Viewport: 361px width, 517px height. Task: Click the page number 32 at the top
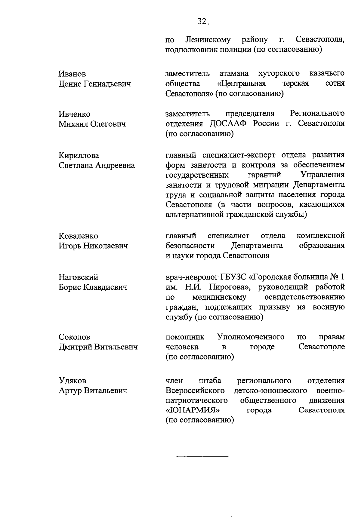tap(201, 21)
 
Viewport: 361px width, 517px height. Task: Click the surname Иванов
tap(72, 74)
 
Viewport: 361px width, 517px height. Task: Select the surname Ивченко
tap(74, 114)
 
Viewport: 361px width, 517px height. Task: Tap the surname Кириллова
tap(79, 156)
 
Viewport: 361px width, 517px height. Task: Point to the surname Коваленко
tap(78, 236)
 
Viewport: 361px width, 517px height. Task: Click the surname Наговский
tap(78, 277)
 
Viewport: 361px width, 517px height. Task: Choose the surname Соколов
tap(74, 337)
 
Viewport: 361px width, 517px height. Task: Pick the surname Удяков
tap(72, 381)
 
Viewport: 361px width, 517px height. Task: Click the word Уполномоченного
tap(251, 337)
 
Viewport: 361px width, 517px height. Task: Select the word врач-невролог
tap(192, 277)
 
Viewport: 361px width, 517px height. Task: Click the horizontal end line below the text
tap(202, 457)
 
